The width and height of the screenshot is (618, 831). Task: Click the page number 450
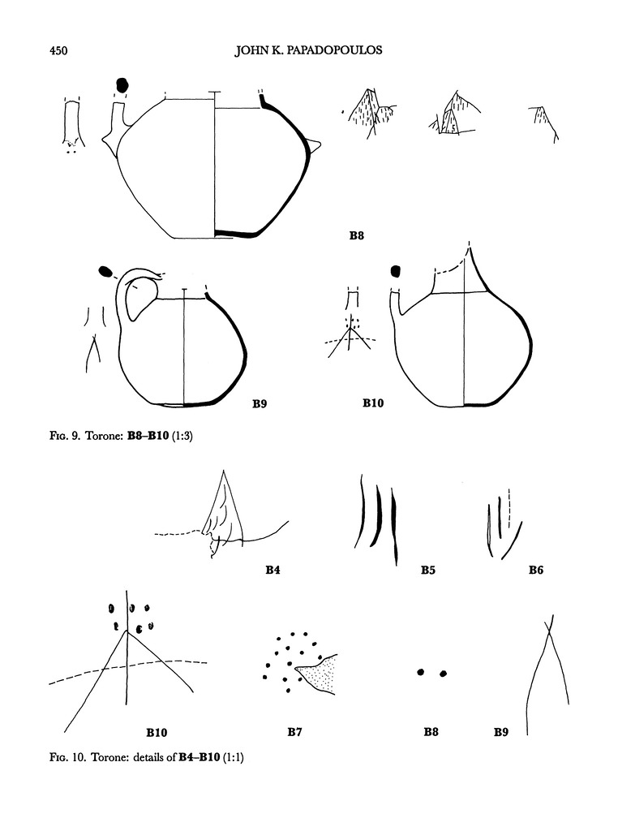58,51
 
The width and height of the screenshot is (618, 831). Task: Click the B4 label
273,571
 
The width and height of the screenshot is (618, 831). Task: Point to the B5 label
428,571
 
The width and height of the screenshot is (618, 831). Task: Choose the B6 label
536,571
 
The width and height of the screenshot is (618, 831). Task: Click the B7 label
295,732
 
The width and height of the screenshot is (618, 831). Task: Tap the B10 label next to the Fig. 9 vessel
373,403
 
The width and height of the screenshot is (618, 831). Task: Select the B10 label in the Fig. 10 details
157,733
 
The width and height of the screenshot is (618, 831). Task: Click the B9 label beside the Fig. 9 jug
260,404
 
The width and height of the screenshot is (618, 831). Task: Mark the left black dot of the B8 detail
421,672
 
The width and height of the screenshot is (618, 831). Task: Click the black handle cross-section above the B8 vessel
122,84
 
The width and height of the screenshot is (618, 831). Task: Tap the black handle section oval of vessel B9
106,271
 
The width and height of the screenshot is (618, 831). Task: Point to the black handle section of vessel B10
395,271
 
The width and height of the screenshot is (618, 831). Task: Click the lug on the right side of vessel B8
314,146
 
